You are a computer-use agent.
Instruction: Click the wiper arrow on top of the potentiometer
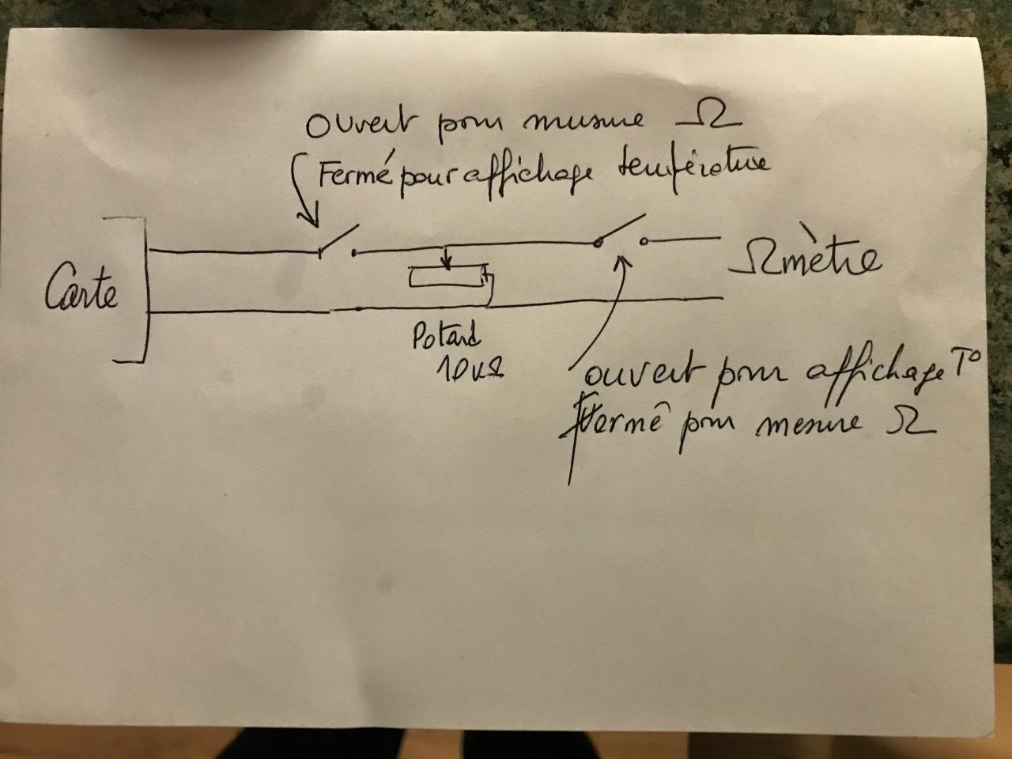pyautogui.click(x=448, y=257)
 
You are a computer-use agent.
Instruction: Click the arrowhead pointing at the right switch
pyautogui.click(x=625, y=259)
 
